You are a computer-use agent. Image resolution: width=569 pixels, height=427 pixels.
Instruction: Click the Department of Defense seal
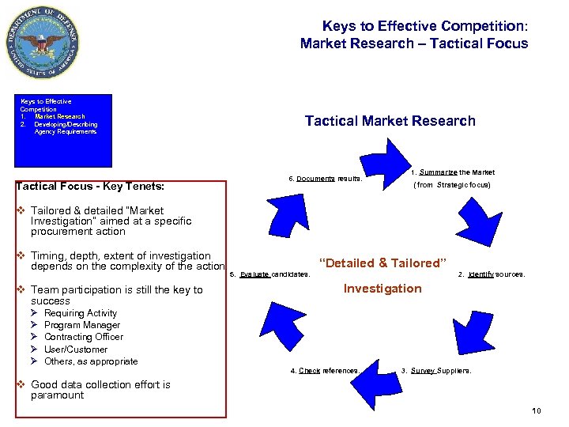[x=43, y=41]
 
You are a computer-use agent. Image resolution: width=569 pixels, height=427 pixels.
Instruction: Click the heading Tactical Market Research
[x=390, y=121]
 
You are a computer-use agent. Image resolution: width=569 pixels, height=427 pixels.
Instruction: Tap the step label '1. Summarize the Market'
[x=453, y=172]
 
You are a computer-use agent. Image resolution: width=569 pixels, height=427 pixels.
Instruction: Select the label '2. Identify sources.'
[x=492, y=275]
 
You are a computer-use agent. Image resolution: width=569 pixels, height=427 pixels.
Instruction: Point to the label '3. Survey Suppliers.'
[x=436, y=371]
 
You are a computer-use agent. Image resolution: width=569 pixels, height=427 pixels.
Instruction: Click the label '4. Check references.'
[x=325, y=371]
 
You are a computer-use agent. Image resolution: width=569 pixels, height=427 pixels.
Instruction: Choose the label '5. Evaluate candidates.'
[x=269, y=275]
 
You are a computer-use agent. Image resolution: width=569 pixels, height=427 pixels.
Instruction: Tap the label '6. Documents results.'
[x=325, y=179]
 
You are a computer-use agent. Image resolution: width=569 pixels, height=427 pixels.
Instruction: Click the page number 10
[x=537, y=410]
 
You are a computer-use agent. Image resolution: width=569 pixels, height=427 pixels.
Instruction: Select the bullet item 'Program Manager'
[x=82, y=325]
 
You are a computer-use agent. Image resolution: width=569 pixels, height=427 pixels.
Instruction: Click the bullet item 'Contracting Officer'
[x=84, y=337]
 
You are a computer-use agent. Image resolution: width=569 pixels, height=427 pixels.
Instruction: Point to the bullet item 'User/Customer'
[x=76, y=349]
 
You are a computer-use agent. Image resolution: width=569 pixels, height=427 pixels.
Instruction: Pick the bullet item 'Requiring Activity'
[x=81, y=313]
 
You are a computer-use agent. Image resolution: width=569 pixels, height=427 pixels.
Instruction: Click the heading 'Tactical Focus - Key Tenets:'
[x=90, y=187]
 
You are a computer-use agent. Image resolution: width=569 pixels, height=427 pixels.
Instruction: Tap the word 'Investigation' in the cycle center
[x=382, y=289]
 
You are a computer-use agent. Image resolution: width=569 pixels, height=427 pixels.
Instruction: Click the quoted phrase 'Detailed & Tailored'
[x=382, y=263]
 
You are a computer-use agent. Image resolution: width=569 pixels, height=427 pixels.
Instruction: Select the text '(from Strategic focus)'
[x=453, y=185]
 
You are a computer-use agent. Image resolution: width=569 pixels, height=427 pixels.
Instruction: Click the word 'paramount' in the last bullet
[x=57, y=395]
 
